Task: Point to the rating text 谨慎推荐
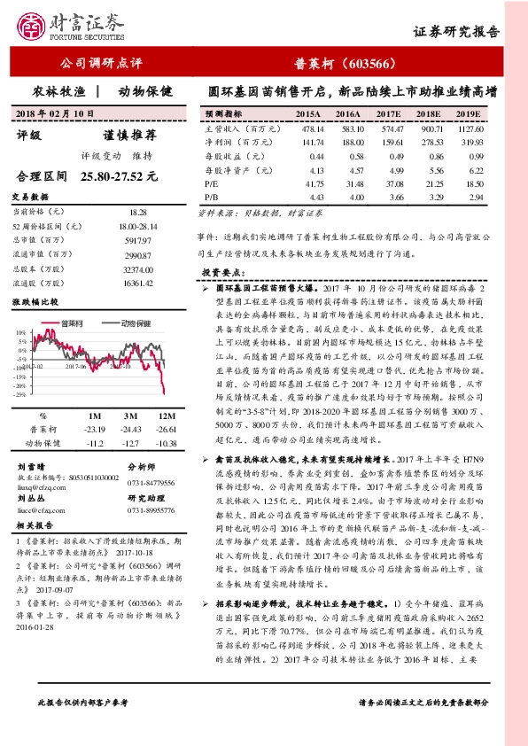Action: pos(130,136)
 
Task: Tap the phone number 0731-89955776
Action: pos(153,510)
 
